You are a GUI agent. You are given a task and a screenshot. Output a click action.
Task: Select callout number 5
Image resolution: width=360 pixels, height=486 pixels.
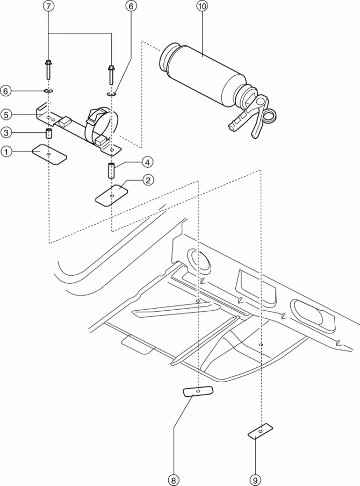point(6,115)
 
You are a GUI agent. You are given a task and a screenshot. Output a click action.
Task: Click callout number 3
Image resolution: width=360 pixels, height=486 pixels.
point(6,132)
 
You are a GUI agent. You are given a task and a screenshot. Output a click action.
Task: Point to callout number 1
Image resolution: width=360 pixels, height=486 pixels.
point(6,152)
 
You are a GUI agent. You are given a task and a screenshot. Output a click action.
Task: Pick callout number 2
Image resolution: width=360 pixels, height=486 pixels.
point(147,181)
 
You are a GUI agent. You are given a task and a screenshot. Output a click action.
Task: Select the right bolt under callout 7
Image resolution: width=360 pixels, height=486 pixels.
point(111,74)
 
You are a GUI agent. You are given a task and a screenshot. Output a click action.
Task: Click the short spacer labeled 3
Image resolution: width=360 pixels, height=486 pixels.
point(48,133)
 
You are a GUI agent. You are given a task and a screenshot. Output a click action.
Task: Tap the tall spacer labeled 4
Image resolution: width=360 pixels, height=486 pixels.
point(111,171)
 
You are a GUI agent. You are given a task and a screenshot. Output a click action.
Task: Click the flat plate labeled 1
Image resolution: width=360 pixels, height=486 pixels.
point(48,154)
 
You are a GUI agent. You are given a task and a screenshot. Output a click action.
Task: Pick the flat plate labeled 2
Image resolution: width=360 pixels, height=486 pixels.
point(111,194)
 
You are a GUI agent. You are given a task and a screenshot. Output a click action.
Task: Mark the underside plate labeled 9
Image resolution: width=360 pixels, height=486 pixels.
point(260,430)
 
